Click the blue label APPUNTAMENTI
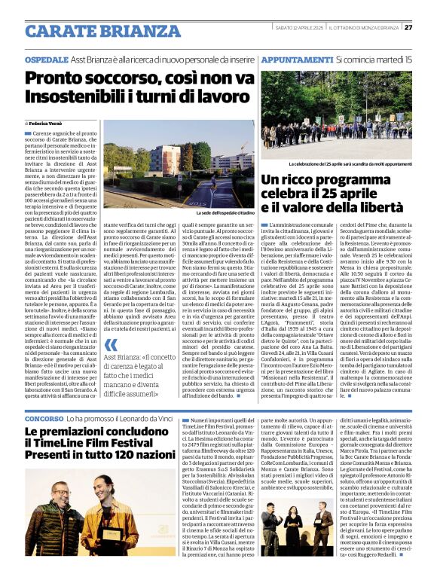click(x=296, y=59)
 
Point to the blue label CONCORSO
click(x=44, y=417)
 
